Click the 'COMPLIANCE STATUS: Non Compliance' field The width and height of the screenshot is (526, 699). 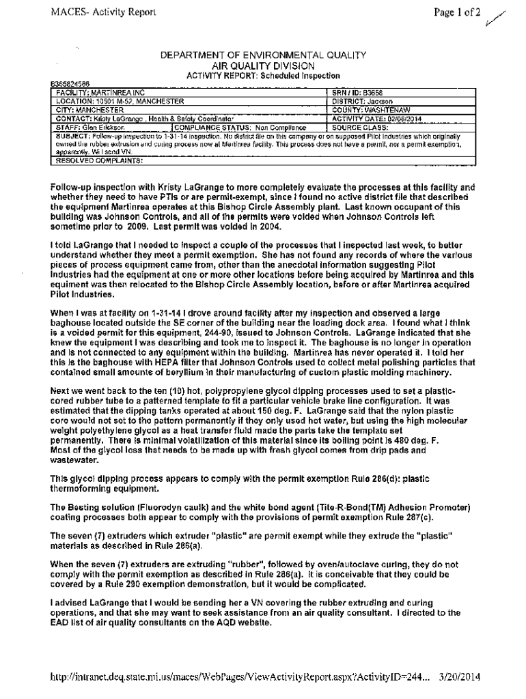[x=240, y=127]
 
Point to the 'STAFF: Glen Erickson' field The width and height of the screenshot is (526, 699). [x=90, y=127]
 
